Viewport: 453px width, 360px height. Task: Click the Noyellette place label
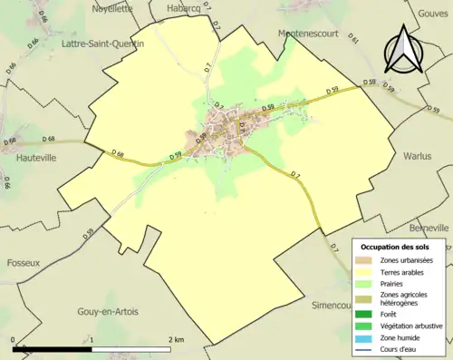113,8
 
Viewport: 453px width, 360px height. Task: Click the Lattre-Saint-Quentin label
99,43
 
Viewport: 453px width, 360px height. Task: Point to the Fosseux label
23,263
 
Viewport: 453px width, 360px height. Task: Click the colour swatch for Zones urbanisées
366,260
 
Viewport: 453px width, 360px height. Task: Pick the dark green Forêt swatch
366,314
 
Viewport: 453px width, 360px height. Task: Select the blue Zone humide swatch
366,339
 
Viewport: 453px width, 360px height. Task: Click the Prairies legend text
396,285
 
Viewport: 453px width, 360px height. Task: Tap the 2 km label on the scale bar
177,337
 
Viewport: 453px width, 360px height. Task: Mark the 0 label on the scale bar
14,337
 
